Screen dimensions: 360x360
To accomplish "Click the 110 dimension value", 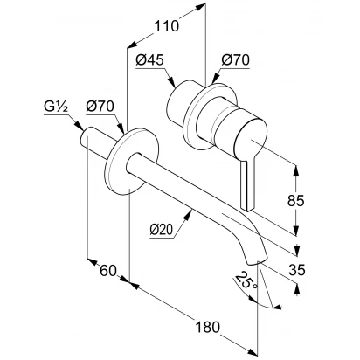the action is point(166,26).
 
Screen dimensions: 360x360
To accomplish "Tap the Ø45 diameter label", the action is point(150,60).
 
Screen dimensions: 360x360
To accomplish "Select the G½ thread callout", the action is point(56,107).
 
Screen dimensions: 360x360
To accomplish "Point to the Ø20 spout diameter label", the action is point(162,230).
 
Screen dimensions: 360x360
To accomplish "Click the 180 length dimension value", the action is point(207,327).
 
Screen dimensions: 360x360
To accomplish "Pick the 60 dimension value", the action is point(108,271).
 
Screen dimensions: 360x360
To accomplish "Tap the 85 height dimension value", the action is point(296,201).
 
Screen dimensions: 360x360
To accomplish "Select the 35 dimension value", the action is point(297,270).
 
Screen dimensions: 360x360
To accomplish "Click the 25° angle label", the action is point(246,280).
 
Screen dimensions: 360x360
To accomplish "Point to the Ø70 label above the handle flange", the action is point(235,60).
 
